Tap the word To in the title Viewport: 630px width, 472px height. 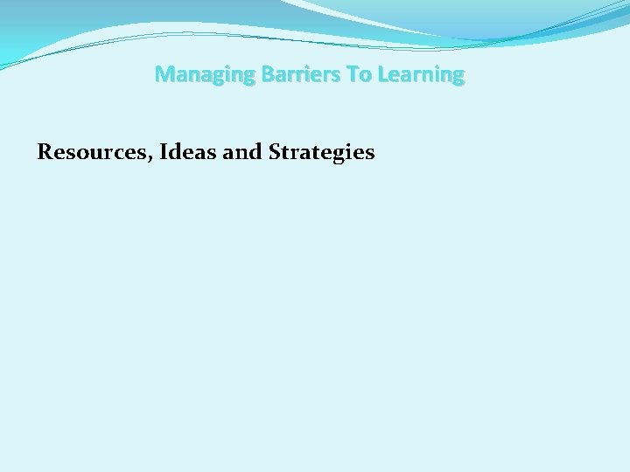[x=360, y=75]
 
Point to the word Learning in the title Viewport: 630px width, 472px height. [x=421, y=75]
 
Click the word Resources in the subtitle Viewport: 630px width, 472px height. [x=84, y=152]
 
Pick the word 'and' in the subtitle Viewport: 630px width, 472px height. [x=242, y=152]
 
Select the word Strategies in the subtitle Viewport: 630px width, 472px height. [x=322, y=153]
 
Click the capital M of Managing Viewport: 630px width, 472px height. [x=164, y=75]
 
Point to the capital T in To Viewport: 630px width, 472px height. [x=353, y=75]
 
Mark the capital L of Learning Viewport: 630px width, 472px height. [x=383, y=75]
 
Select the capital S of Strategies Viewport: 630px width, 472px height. [x=276, y=152]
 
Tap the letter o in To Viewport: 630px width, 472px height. [x=366, y=77]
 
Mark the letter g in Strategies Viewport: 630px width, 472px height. [x=341, y=156]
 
